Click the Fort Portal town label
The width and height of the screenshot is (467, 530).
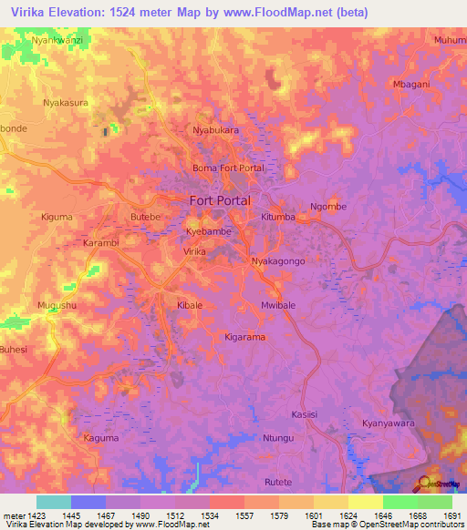pos(220,200)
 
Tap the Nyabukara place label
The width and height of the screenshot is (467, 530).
pos(215,130)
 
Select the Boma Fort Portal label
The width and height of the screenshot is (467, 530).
pos(228,168)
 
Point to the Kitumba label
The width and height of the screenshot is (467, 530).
pos(278,218)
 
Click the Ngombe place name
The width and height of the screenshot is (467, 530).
pos(328,207)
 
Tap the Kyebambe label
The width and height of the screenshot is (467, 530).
pos(209,232)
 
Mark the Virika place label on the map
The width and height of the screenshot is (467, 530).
pos(194,250)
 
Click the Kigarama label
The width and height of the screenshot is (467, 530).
pos(244,337)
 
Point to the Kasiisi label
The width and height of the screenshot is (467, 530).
pos(305,414)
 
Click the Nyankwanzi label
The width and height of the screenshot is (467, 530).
pos(57,41)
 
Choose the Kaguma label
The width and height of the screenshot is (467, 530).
pos(100,438)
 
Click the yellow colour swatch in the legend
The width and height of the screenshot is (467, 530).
pos(365,502)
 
